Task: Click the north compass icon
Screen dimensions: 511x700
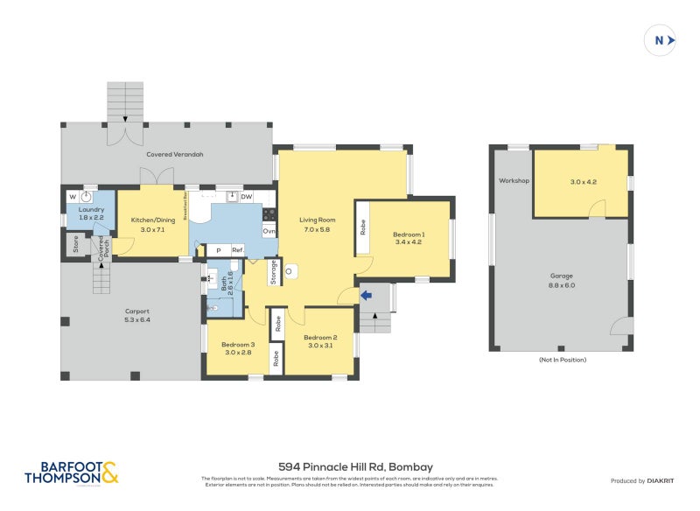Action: click(x=661, y=40)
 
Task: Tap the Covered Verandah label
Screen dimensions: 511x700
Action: click(x=174, y=154)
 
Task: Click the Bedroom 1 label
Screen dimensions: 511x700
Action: click(x=409, y=238)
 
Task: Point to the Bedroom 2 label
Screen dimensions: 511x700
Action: click(x=320, y=341)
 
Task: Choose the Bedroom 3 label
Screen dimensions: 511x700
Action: click(x=238, y=348)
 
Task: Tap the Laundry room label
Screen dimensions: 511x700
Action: click(x=91, y=215)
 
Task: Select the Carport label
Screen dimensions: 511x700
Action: click(x=136, y=315)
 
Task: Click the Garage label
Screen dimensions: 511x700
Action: click(x=562, y=280)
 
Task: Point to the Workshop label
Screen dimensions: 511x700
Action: click(x=514, y=181)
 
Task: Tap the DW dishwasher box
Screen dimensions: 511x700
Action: click(x=246, y=197)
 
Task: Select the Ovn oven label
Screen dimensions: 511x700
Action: click(x=269, y=231)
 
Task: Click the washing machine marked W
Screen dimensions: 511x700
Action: click(x=73, y=197)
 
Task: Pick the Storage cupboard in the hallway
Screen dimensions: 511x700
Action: click(x=273, y=273)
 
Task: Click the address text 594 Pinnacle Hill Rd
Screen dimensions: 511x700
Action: click(x=355, y=466)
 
